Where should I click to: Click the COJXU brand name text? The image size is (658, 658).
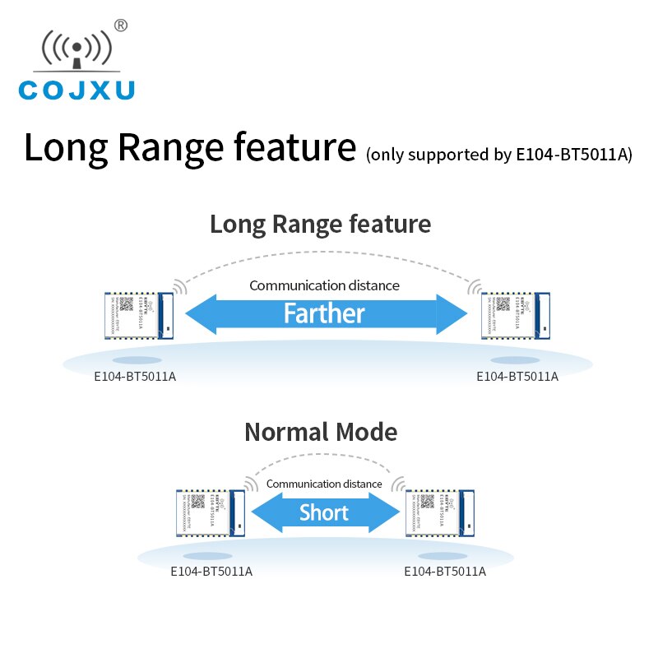(76, 90)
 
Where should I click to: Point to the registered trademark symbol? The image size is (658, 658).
(121, 25)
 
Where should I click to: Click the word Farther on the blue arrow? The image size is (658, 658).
(324, 313)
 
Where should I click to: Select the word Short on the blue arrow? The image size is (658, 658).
(323, 513)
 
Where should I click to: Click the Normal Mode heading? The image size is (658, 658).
(321, 432)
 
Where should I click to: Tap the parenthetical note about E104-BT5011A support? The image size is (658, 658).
(499, 154)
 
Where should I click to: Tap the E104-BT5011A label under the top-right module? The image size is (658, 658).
(517, 377)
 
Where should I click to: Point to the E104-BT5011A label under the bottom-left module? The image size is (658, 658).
(211, 571)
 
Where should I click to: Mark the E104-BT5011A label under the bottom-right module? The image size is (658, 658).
(445, 571)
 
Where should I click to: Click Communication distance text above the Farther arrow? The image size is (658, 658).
(324, 285)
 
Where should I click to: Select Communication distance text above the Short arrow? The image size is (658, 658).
(324, 484)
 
